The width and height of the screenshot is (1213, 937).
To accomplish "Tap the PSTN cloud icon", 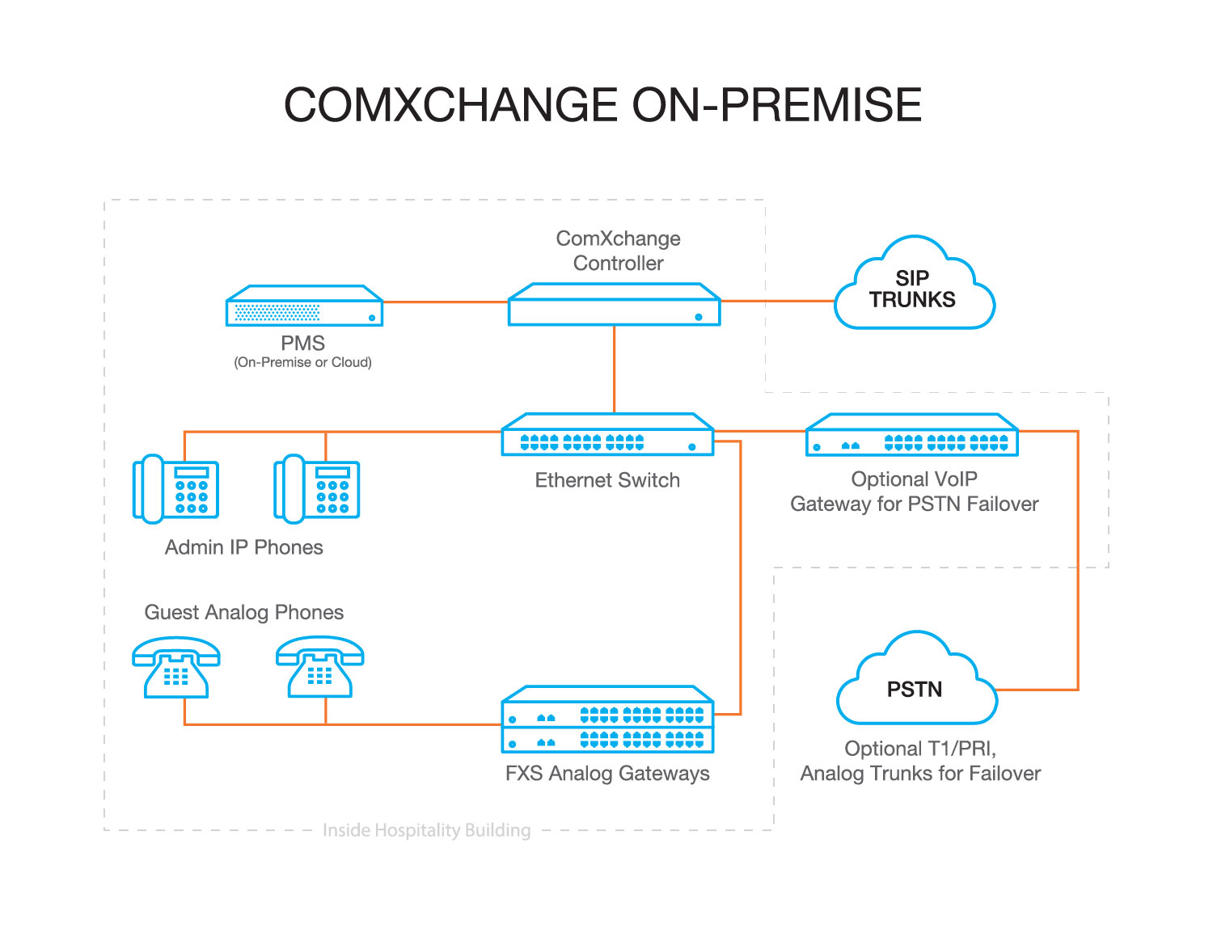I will (915, 687).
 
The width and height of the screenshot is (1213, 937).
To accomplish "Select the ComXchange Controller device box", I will (614, 306).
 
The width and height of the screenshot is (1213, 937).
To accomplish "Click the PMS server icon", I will (304, 306).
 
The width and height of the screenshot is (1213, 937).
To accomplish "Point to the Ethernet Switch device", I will (607, 437).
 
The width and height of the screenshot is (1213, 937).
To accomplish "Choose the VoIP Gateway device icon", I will (912, 437).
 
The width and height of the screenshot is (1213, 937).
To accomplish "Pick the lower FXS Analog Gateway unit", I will (607, 740).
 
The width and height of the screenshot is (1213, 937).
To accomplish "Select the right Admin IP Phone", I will (317, 488).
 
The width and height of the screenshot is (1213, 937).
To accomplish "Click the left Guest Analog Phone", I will (176, 668).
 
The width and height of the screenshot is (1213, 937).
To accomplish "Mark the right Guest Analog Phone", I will (320, 668).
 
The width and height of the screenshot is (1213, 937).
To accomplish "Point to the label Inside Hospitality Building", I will (426, 830).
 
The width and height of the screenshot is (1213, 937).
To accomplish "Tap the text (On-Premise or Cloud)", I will (303, 362).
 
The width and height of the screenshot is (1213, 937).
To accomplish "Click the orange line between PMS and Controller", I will (445, 302).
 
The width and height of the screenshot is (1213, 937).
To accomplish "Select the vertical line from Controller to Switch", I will (614, 369).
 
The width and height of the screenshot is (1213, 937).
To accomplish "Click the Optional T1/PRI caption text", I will (920, 749).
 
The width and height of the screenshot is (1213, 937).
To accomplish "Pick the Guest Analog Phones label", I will (243, 612).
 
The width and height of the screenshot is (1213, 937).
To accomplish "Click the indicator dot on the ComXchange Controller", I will (699, 317).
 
